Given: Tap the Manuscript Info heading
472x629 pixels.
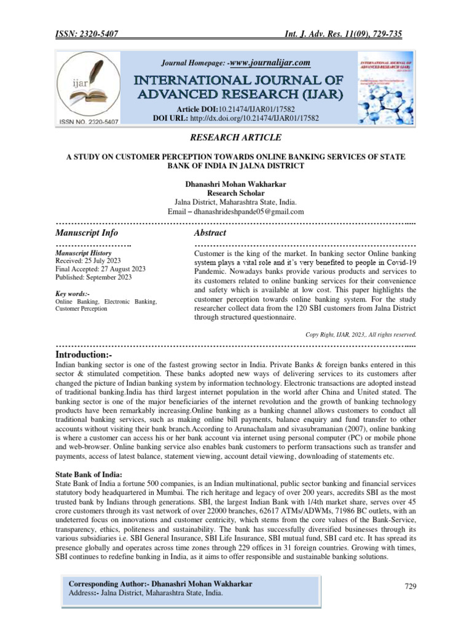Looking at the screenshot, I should (x=87, y=233).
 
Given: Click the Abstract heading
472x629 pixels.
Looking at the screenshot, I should (x=210, y=233).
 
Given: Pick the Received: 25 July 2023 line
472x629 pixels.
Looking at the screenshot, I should (x=88, y=260).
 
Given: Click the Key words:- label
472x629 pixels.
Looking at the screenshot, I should (x=73, y=294).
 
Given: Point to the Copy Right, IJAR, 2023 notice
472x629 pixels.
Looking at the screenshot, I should (x=361, y=335).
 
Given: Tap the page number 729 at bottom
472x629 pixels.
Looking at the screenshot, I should (x=411, y=586).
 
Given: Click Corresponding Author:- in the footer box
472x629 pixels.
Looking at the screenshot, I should (x=111, y=583).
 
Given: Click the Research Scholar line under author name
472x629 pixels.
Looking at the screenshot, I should (x=236, y=193).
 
